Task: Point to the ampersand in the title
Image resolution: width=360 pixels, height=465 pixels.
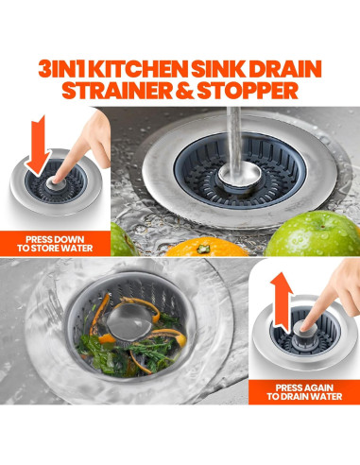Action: pyautogui.click(x=190, y=92)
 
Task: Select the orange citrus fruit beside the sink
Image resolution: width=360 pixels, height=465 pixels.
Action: pyautogui.click(x=201, y=249)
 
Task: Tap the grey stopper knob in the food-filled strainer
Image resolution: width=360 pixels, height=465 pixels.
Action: pyautogui.click(x=123, y=325)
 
